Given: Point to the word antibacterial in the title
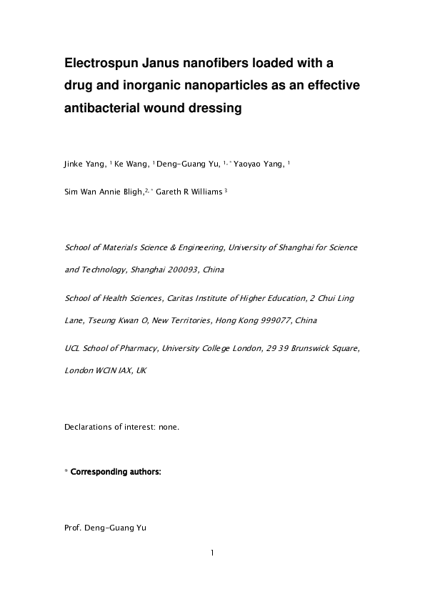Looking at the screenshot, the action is pos(105,109).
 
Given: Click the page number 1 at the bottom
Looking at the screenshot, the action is pos(212,552).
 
